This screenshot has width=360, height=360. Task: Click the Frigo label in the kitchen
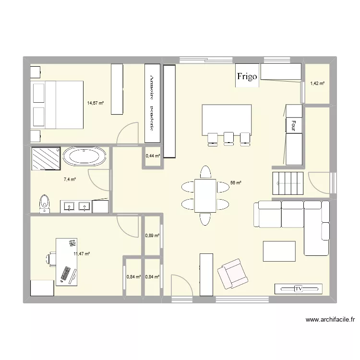[x=247, y=76]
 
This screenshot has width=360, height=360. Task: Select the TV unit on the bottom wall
[x=298, y=289]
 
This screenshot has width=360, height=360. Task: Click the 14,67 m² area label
[x=96, y=102]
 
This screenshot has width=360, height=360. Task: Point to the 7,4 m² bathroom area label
[x=70, y=180]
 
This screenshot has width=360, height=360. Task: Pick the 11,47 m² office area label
[x=82, y=254]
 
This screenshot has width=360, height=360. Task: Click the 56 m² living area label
[x=236, y=183]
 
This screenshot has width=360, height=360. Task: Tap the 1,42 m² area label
[x=317, y=84]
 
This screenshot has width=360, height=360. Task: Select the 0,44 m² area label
[x=153, y=156]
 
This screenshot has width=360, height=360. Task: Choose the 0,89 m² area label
[x=153, y=235]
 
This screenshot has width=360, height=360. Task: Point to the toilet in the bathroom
[x=45, y=203]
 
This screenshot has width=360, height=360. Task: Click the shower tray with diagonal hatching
[x=46, y=158]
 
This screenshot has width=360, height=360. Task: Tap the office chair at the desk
[x=51, y=259]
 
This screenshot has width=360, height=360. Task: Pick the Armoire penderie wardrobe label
[x=152, y=103]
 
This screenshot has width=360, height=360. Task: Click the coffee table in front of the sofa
[x=279, y=251]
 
